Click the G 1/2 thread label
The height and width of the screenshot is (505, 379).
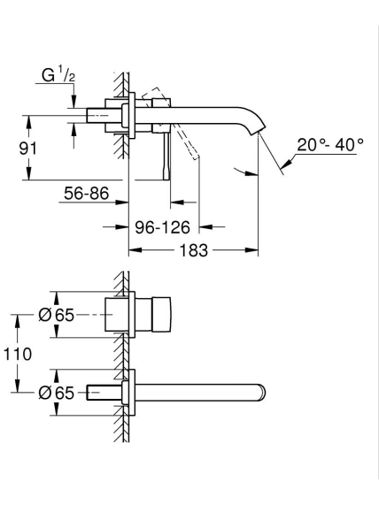pyautogui.click(x=58, y=76)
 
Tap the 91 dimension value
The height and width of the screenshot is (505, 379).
pyautogui.click(x=28, y=149)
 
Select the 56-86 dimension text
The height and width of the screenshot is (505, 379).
pyautogui.click(x=87, y=193)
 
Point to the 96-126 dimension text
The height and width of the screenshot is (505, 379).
pyautogui.click(x=163, y=227)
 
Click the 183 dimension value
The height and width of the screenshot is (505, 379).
pyautogui.click(x=194, y=250)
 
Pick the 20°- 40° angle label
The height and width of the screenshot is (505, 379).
pyautogui.click(x=330, y=145)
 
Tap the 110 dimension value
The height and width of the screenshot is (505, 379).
pyautogui.click(x=18, y=354)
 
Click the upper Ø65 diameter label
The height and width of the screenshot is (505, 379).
pyautogui.click(x=57, y=315)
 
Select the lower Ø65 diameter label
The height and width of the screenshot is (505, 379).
pyautogui.click(x=57, y=393)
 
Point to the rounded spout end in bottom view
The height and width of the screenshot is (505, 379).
pyautogui.click(x=262, y=393)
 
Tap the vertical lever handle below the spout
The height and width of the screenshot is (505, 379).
pyautogui.click(x=166, y=156)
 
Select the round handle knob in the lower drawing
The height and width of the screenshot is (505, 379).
pyautogui.click(x=161, y=315)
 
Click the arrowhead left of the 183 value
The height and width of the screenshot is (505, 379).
pyautogui.click(x=135, y=250)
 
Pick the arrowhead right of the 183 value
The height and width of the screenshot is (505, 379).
pyautogui.click(x=251, y=250)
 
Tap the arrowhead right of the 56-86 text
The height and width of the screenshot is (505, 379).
pyautogui.click(x=122, y=203)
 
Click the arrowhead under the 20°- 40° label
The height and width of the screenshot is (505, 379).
pyautogui.click(x=286, y=164)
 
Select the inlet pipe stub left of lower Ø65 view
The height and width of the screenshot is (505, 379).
pyautogui.click(x=93, y=393)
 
